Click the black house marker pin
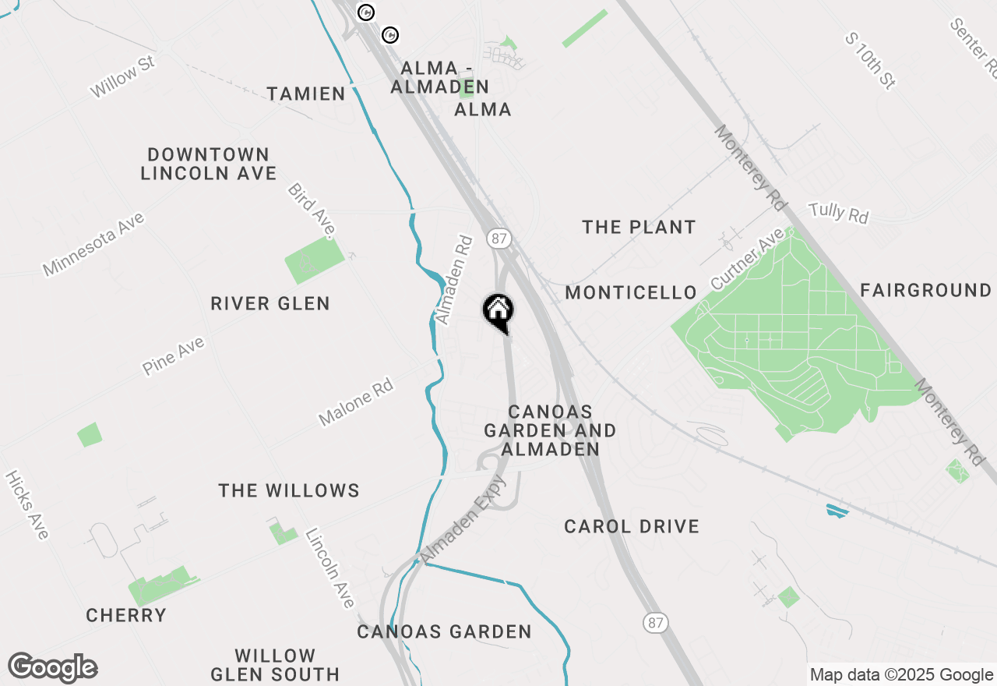click(x=498, y=312)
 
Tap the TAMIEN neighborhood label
click(x=306, y=94)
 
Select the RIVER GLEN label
click(x=270, y=303)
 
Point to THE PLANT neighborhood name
click(x=639, y=228)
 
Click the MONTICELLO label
click(x=631, y=293)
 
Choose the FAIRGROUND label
click(x=925, y=291)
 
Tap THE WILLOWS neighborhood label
click(x=289, y=490)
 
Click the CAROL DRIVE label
click(x=632, y=527)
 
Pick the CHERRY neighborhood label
click(x=126, y=616)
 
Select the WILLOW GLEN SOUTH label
click(x=275, y=665)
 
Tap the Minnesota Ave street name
click(x=94, y=245)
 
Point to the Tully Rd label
click(x=838, y=212)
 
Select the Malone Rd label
click(x=356, y=402)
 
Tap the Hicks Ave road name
click(x=27, y=504)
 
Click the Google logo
click(x=53, y=668)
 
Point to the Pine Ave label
click(x=174, y=356)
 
